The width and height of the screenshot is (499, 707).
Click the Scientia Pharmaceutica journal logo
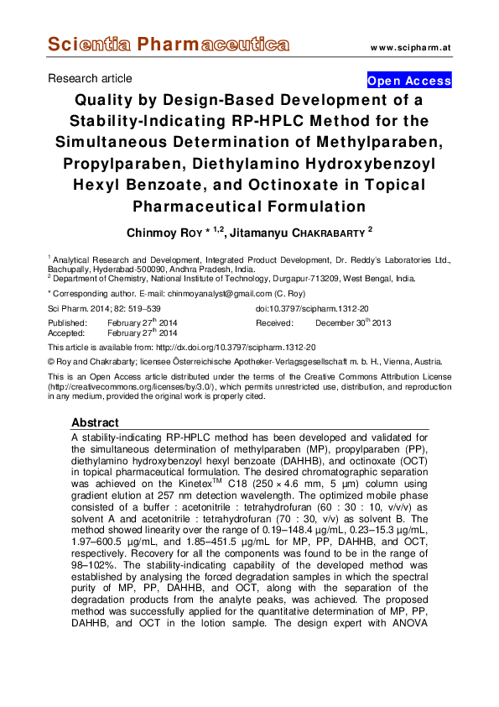point(169,45)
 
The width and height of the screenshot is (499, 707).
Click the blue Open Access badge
point(409,81)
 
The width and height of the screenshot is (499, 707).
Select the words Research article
point(90,79)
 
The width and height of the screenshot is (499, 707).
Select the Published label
point(67,322)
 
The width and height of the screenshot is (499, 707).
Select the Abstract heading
point(95,422)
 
